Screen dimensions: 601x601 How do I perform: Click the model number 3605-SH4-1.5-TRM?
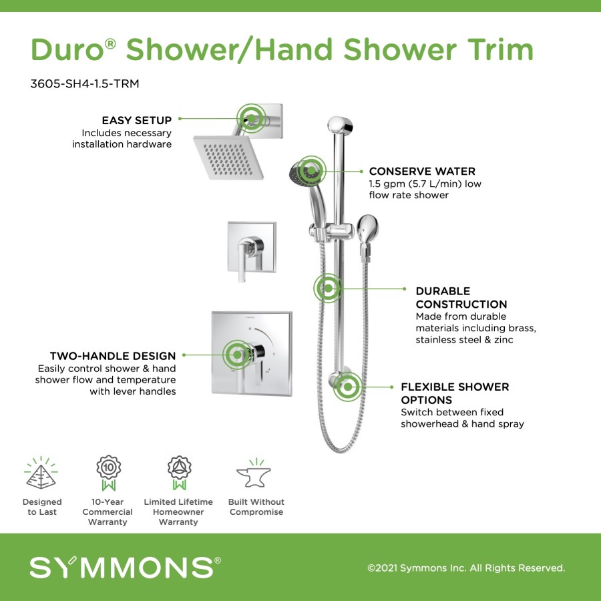pos(85,83)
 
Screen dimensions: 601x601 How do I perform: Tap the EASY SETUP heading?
pos(137,120)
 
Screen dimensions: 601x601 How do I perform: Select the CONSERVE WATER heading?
pos(422,171)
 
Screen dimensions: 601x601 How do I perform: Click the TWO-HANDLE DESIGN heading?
pos(113,356)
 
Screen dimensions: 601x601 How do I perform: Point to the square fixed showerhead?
pos(229,157)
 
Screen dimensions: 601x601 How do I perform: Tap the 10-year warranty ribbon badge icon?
pos(108,473)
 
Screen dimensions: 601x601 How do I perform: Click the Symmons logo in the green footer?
pos(126,567)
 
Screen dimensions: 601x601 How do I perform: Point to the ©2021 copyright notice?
pos(466,568)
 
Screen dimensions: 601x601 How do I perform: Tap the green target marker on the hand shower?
pos(311,170)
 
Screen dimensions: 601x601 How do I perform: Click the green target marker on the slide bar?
pos(328,288)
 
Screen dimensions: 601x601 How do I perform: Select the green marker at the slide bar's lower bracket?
pos(348,387)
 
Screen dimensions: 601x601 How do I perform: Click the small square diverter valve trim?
pos(252,247)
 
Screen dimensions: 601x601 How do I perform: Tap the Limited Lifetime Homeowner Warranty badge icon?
pos(179,473)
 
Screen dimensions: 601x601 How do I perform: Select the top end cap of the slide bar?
pos(340,126)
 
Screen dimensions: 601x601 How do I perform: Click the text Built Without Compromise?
pos(256,507)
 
